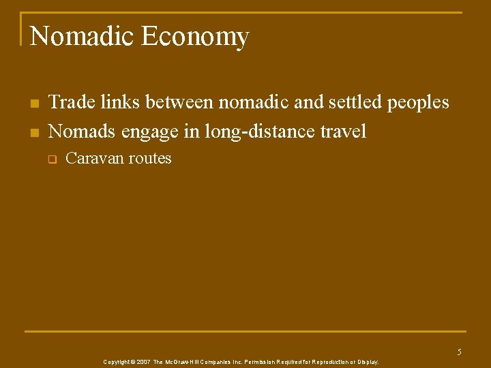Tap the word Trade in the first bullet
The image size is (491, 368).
72,103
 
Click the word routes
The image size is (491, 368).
150,159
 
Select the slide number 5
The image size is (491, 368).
459,352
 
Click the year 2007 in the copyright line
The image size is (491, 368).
143,362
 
